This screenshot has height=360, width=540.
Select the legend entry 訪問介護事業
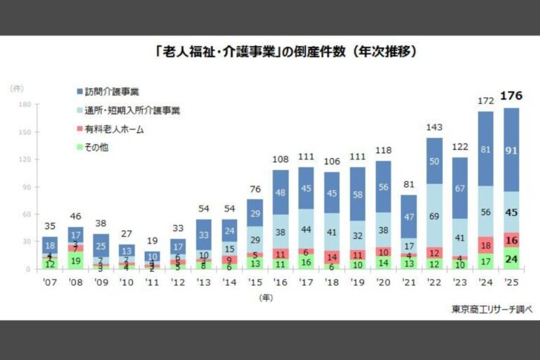coord(112,93)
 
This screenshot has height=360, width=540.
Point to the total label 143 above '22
coord(434,127)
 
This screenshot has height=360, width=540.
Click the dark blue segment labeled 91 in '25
coord(511,150)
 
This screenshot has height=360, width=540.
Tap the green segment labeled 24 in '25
coord(511,258)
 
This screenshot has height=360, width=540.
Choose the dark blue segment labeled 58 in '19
coord(357,194)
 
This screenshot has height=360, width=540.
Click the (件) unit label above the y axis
coord(16,88)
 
